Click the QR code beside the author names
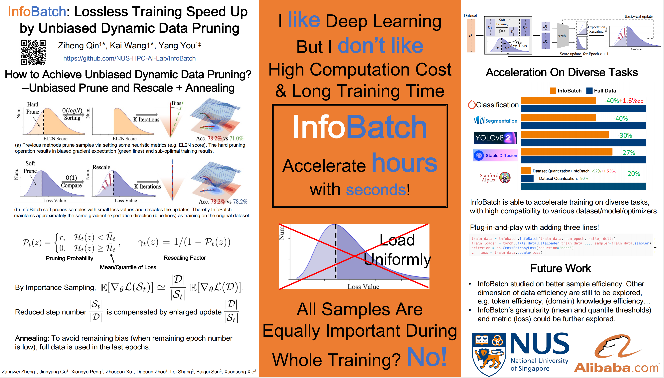(x=33, y=52)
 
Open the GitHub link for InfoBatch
(x=129, y=58)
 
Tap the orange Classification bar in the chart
(x=558, y=100)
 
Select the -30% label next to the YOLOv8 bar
(x=624, y=135)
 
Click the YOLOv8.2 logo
(x=495, y=138)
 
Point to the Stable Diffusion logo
(x=495, y=155)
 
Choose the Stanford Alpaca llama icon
(x=505, y=178)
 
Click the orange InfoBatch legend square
(x=553, y=91)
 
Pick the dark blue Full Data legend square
(x=589, y=91)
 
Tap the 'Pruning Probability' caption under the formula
(x=69, y=258)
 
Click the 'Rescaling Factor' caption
(x=185, y=258)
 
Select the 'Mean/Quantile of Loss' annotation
(x=128, y=267)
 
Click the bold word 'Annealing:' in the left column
(x=32, y=338)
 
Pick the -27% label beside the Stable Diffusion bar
(x=627, y=153)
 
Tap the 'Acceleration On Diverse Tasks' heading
(x=562, y=73)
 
